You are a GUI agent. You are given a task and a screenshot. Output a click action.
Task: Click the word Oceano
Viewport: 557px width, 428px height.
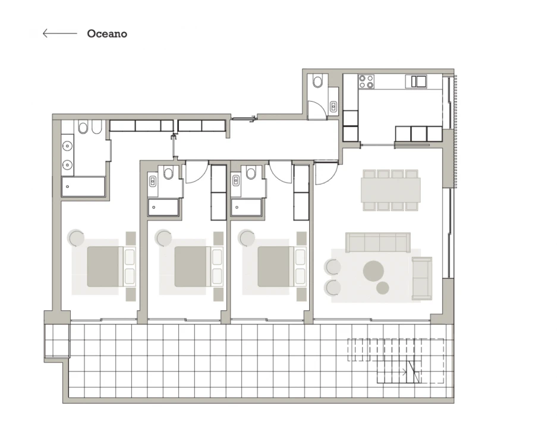tap(107, 34)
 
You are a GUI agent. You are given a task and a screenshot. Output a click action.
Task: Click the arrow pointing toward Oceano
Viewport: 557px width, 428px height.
tap(59, 34)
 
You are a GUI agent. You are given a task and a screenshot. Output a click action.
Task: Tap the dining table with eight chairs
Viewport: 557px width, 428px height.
tap(391, 190)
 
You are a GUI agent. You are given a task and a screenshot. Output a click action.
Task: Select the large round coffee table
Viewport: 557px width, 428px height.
tap(375, 271)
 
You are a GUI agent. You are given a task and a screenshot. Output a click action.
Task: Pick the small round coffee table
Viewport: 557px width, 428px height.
tap(383, 288)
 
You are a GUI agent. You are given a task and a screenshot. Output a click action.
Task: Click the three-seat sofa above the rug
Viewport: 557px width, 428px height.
tap(378, 242)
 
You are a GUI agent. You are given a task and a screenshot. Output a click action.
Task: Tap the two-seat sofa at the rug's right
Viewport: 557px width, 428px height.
tap(422, 278)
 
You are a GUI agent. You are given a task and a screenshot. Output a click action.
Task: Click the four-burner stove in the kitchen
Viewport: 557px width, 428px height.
tap(367, 81)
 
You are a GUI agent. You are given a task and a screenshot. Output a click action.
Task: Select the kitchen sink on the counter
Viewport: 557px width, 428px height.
tap(418, 81)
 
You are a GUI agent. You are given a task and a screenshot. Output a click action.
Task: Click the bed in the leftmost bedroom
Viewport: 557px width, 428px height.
tap(105, 266)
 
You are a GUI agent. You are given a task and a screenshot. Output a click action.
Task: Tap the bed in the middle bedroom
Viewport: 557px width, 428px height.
tap(191, 266)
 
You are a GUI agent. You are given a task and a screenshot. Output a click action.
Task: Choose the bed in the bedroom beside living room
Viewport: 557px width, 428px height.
tap(275, 266)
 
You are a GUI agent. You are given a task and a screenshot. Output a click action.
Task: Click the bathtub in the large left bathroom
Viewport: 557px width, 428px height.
tap(83, 187)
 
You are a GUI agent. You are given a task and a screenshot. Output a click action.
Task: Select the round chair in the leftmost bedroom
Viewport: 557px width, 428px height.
tap(76, 238)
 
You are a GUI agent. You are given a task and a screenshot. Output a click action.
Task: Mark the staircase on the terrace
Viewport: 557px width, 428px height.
tap(396, 360)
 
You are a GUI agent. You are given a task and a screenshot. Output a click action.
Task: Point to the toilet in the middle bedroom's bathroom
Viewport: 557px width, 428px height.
tap(168, 174)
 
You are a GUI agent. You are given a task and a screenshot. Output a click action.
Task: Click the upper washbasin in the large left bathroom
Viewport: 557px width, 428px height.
tap(67, 145)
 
